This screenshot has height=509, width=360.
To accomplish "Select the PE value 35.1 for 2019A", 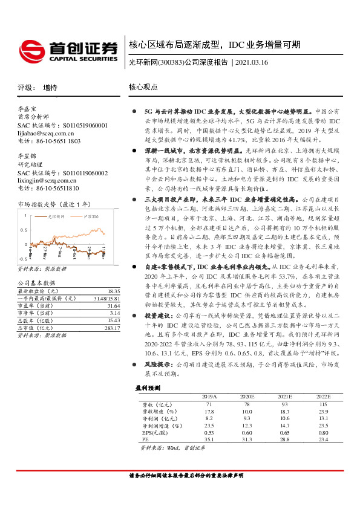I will [x=209, y=439].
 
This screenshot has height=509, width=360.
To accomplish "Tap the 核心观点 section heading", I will [x=143, y=87].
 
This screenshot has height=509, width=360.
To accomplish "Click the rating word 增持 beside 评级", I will [x=51, y=87].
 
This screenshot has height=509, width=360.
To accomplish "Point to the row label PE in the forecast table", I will [x=145, y=439].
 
